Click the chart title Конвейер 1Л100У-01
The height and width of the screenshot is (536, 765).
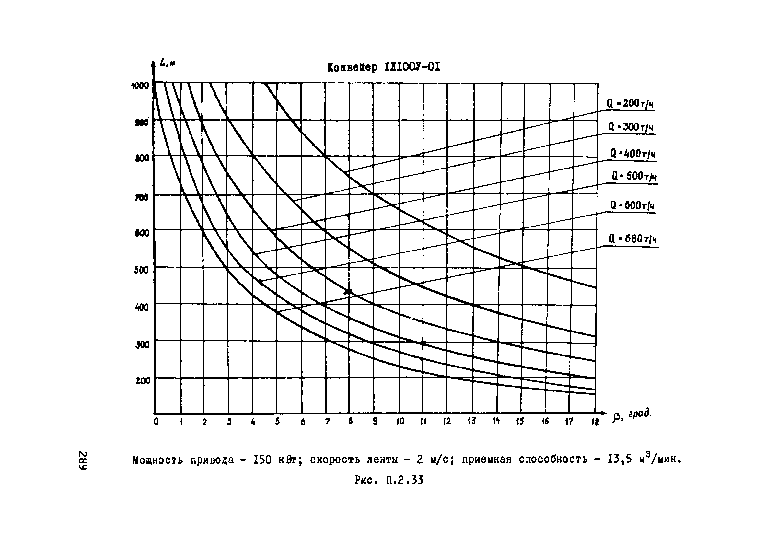coord(384,67)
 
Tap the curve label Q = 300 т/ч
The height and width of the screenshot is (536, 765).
coord(631,127)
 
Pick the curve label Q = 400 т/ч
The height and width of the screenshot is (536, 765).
coord(632,154)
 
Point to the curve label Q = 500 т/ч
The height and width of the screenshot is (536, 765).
coord(634,176)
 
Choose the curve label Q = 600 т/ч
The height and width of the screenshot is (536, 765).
coord(632,205)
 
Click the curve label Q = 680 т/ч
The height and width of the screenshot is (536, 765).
coord(632,239)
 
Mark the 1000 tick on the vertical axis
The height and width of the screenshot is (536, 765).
coord(140,86)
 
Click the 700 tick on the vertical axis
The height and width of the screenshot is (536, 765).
coord(142,197)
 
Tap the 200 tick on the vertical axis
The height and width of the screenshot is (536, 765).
coord(143,380)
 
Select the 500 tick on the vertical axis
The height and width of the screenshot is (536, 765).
coord(142,270)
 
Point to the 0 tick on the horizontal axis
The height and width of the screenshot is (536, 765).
coord(156,421)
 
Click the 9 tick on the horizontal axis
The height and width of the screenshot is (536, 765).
coord(375,421)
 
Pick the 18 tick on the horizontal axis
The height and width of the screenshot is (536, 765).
coord(595,422)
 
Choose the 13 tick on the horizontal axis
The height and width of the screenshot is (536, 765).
coord(471,421)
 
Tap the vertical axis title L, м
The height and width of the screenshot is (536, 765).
coord(167,63)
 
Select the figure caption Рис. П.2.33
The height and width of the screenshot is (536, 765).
coord(389,480)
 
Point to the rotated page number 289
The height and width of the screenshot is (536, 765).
coord(83,461)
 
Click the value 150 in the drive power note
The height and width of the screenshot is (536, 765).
coord(263,460)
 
